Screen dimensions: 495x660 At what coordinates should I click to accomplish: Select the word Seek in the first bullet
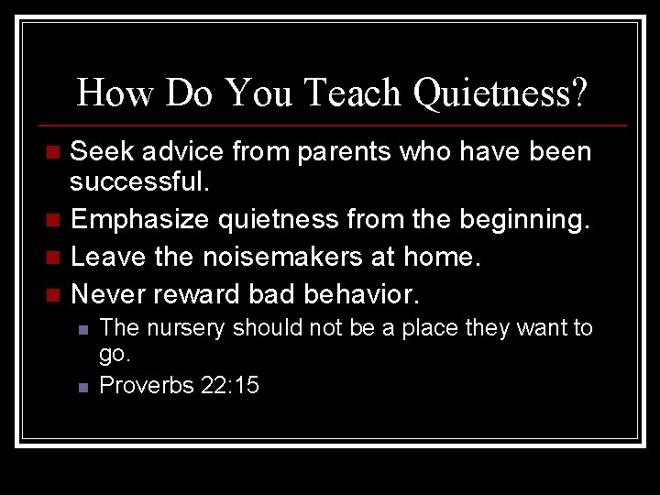pos(100,151)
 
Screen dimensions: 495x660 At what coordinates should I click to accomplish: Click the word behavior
pos(360,294)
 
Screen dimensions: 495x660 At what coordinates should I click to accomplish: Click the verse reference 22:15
pos(231,385)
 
